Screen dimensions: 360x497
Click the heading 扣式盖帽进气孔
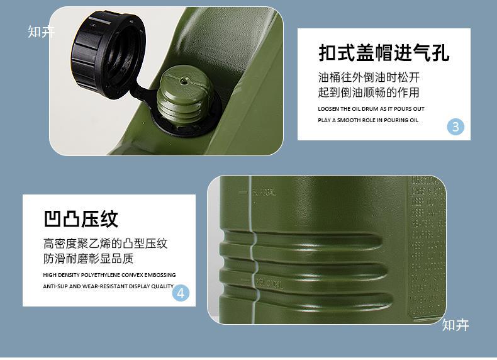coord(384,53)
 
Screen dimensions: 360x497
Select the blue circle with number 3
coord(455,127)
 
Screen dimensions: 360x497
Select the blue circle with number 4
coord(181,293)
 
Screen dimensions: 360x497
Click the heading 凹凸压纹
coord(81,219)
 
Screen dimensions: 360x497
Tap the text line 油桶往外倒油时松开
coord(369,78)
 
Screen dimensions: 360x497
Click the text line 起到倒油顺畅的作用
coord(369,93)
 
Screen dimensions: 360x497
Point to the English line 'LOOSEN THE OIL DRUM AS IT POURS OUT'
coord(371,109)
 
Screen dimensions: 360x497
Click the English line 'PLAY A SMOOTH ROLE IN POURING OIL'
coord(367,120)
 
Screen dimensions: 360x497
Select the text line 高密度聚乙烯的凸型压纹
coord(106,244)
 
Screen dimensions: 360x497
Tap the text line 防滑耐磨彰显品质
coord(89,259)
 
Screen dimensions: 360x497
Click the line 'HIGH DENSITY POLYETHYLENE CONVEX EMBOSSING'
coord(109,275)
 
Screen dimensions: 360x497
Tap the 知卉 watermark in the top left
coord(41,31)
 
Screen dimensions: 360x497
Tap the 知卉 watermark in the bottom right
coord(455,325)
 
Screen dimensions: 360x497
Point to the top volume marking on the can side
coord(263,193)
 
